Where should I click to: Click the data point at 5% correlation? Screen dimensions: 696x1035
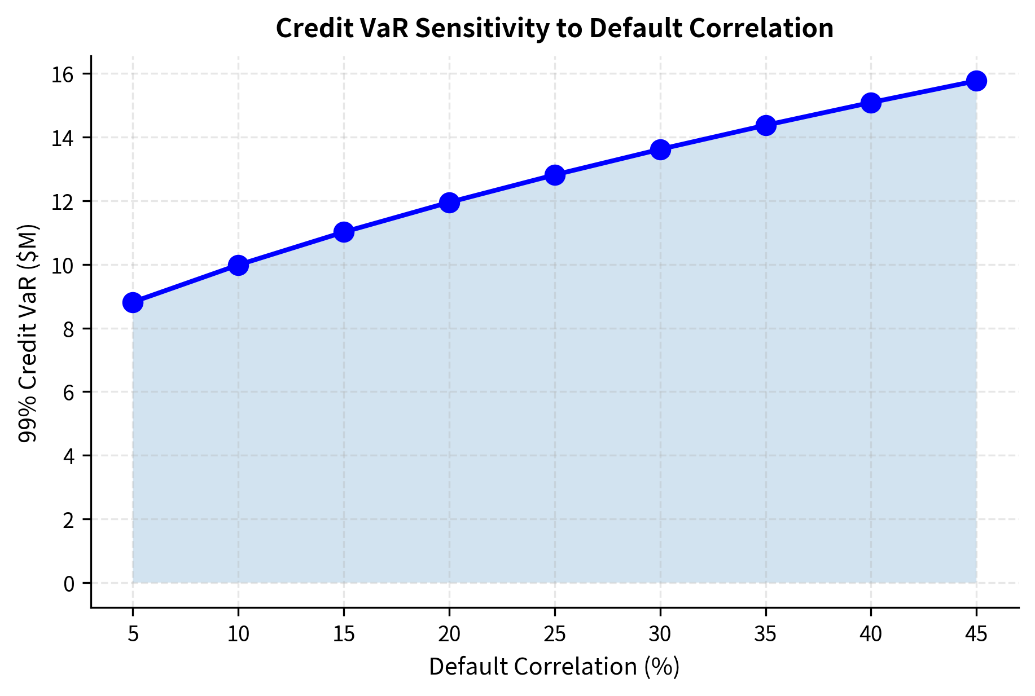click(x=133, y=302)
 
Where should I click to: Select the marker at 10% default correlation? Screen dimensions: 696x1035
click(x=238, y=265)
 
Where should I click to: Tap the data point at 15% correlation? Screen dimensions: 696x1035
click(x=344, y=232)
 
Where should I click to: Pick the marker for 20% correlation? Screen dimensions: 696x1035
click(x=449, y=202)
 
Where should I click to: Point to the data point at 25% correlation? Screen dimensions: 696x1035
click(x=555, y=175)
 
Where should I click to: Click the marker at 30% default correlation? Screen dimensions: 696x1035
click(x=660, y=149)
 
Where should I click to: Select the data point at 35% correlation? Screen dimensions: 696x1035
click(x=766, y=125)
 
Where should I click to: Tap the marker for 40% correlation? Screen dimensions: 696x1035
click(x=871, y=103)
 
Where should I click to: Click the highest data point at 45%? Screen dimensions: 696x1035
click(x=976, y=81)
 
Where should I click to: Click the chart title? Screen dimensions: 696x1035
click(x=554, y=28)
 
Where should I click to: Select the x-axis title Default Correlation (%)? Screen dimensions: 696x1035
click(x=554, y=667)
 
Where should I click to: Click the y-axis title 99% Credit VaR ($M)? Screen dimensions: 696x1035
click(x=28, y=333)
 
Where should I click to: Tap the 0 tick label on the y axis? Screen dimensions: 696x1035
click(x=69, y=583)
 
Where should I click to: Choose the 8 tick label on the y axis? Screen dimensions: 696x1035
click(x=69, y=329)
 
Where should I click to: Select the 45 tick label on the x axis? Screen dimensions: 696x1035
click(x=976, y=635)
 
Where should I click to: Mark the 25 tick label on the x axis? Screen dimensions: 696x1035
click(x=555, y=635)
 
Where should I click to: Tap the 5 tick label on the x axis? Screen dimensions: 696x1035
click(x=133, y=635)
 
